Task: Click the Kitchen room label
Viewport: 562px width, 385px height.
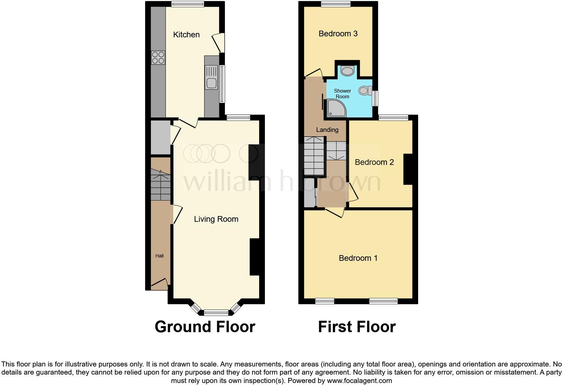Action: (x=186, y=35)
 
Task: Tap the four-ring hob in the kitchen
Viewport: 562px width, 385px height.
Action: (x=158, y=58)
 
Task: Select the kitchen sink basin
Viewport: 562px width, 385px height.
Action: (x=212, y=83)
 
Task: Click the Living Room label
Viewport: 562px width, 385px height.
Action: (x=216, y=219)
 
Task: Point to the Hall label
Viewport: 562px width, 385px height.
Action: (x=159, y=256)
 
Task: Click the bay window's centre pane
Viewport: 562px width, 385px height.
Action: (x=216, y=312)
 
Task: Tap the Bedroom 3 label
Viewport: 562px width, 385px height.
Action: (x=338, y=34)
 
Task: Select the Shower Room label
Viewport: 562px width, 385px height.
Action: (x=342, y=94)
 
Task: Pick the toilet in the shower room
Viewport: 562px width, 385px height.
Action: (x=365, y=90)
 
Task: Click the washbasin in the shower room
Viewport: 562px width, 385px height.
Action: (x=347, y=71)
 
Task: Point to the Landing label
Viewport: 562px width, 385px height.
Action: (x=327, y=130)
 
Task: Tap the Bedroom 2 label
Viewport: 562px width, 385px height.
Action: (x=374, y=162)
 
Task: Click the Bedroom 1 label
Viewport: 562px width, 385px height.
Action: (x=358, y=258)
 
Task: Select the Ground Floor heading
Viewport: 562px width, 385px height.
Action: (x=205, y=327)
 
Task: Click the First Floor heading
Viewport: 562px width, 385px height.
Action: (x=357, y=327)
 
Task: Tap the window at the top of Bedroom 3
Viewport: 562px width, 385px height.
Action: (x=336, y=4)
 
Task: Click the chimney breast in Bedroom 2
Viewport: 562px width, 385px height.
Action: (x=408, y=169)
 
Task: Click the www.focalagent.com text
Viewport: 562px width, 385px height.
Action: (x=359, y=381)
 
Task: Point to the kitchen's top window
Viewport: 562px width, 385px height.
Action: (x=188, y=4)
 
